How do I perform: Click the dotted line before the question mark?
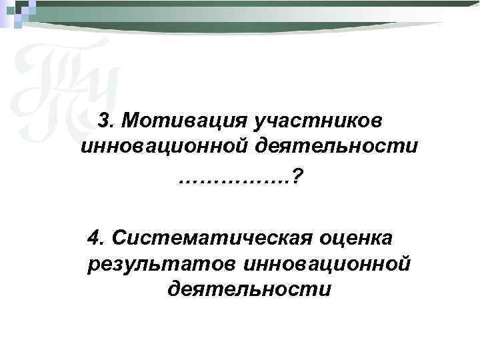click(234, 177)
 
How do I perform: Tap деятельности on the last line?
click(249, 290)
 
